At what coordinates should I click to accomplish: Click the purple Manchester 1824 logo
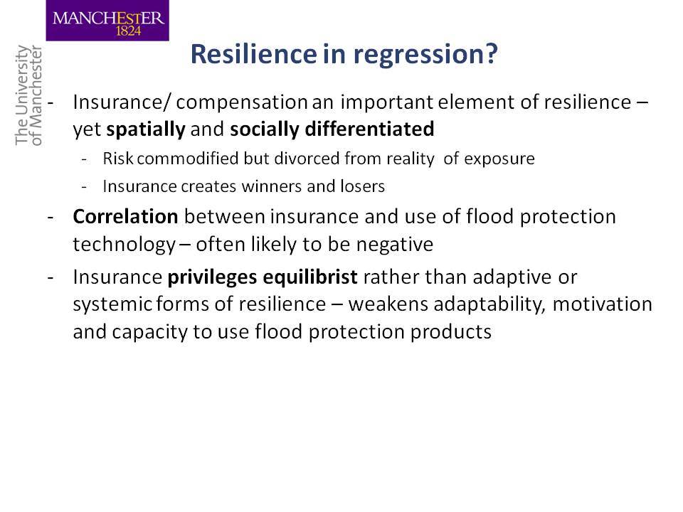pyautogui.click(x=107, y=21)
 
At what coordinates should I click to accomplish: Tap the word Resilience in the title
pyautogui.click(x=253, y=53)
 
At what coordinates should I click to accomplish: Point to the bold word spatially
pyautogui.click(x=146, y=129)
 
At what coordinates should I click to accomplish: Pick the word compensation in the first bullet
pyautogui.click(x=242, y=103)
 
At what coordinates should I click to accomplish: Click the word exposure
pyautogui.click(x=499, y=159)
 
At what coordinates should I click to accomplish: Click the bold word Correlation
pyautogui.click(x=125, y=216)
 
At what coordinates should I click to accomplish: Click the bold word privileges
pyautogui.click(x=213, y=278)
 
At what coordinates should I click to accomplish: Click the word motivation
pyautogui.click(x=603, y=304)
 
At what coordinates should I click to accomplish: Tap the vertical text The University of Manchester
pyautogui.click(x=28, y=95)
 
